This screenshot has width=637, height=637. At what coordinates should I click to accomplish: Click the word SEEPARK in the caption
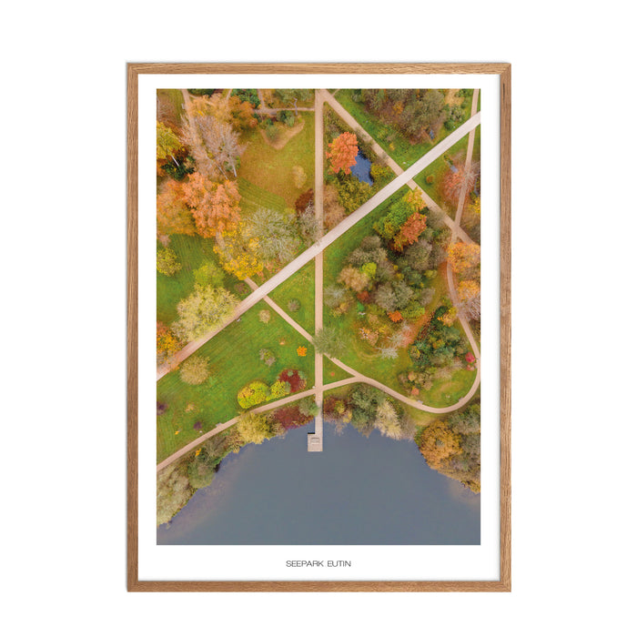(x=301, y=564)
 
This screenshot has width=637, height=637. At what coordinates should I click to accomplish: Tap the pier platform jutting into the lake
(x=315, y=441)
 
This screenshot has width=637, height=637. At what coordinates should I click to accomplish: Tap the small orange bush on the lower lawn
(x=301, y=350)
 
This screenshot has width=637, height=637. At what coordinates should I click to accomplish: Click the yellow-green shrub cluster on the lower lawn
(x=254, y=393)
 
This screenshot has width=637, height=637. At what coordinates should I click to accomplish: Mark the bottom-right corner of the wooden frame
(x=508, y=589)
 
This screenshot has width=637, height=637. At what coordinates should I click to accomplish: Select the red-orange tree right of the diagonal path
(x=411, y=229)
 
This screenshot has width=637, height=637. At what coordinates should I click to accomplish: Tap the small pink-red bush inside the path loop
(x=470, y=359)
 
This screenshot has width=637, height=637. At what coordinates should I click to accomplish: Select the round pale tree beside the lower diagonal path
(x=194, y=369)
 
